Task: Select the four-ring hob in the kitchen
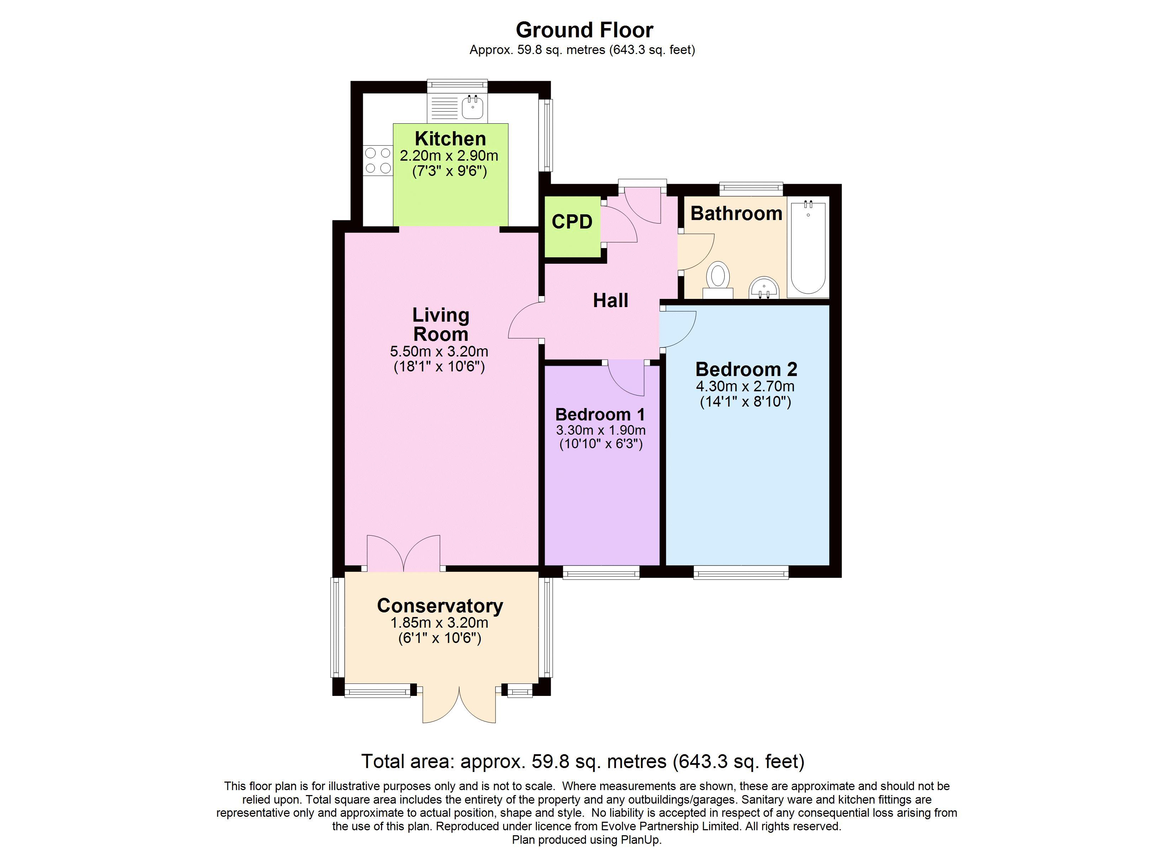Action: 378,160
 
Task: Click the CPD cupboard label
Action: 572,222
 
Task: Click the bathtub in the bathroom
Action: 808,248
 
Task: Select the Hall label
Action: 610,301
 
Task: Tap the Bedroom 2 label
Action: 746,369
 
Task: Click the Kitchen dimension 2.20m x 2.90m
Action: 449,156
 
